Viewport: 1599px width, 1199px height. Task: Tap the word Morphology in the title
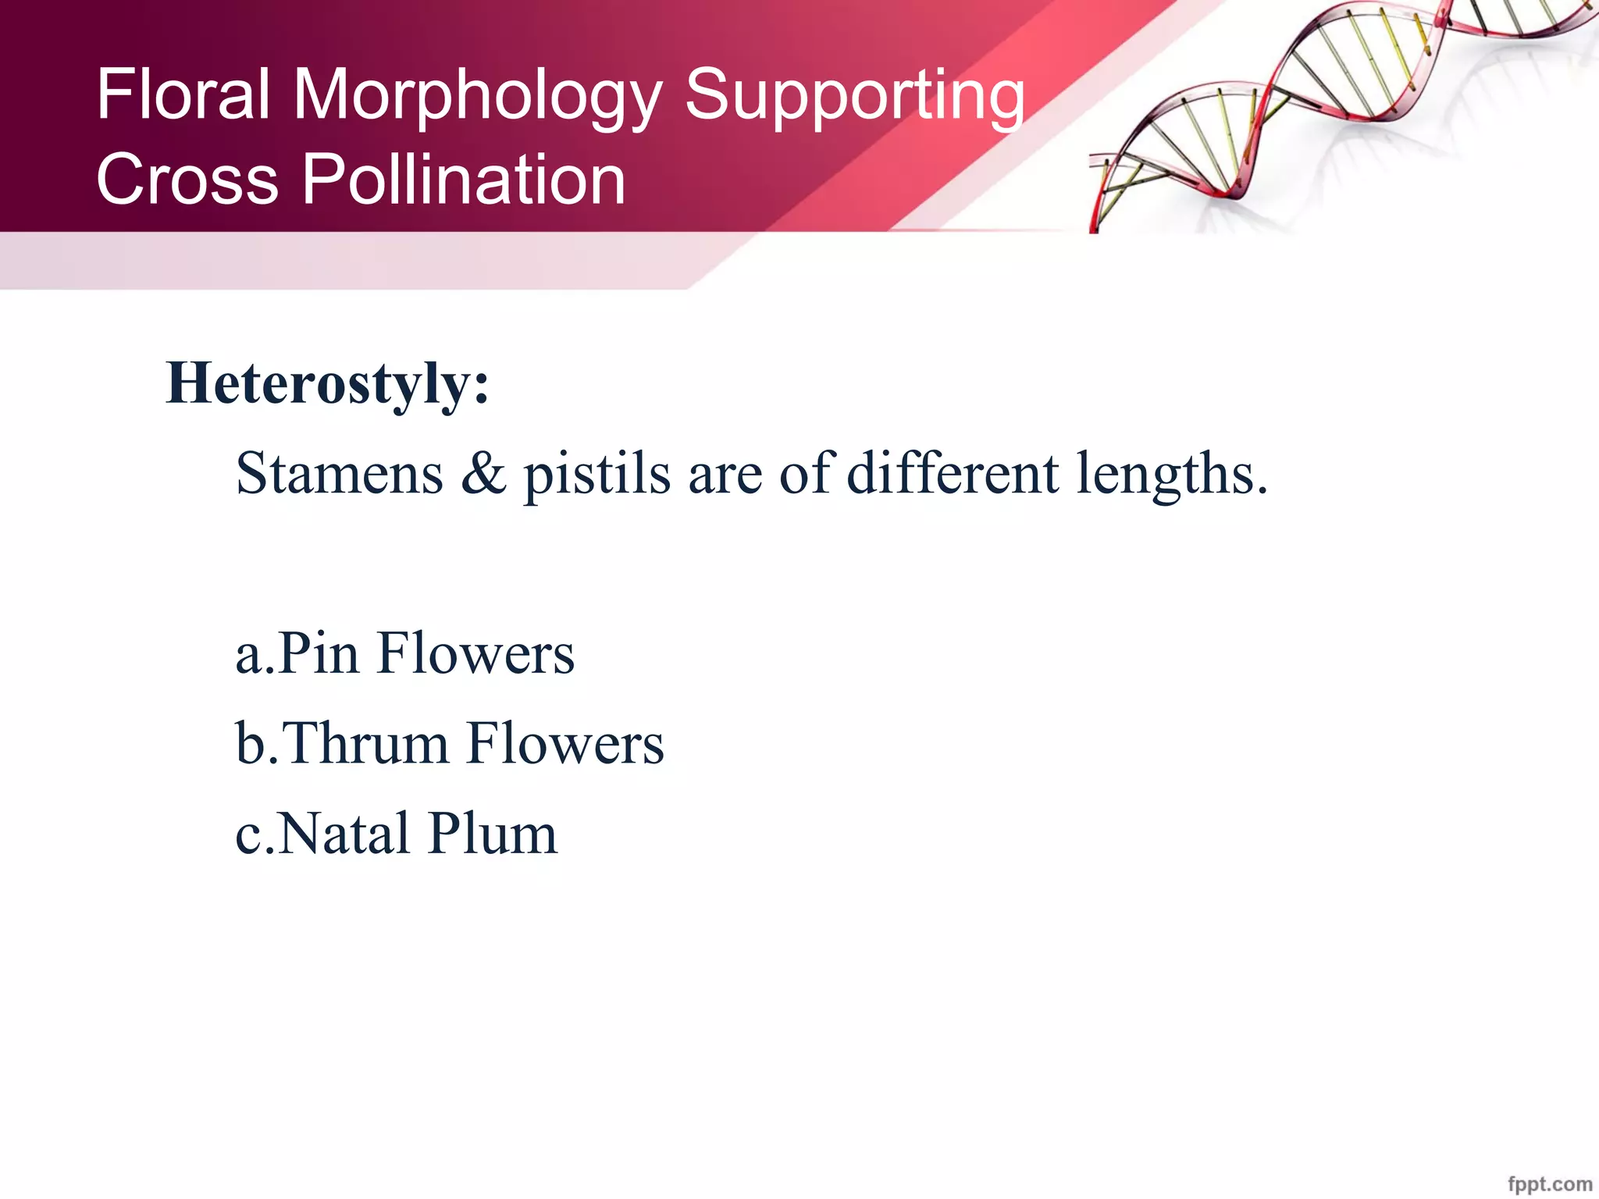click(x=477, y=97)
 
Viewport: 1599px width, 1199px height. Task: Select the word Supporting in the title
click(x=854, y=97)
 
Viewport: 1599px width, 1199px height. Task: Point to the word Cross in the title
click(x=187, y=180)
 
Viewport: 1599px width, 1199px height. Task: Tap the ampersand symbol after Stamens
click(x=483, y=474)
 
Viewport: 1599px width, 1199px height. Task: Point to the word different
click(x=953, y=474)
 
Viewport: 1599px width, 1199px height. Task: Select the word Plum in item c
click(x=493, y=834)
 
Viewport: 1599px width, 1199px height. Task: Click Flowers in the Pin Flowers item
click(x=475, y=653)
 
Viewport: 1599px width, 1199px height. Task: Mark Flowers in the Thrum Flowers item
click(x=565, y=743)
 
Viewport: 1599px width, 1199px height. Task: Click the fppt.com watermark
click(x=1550, y=1184)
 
